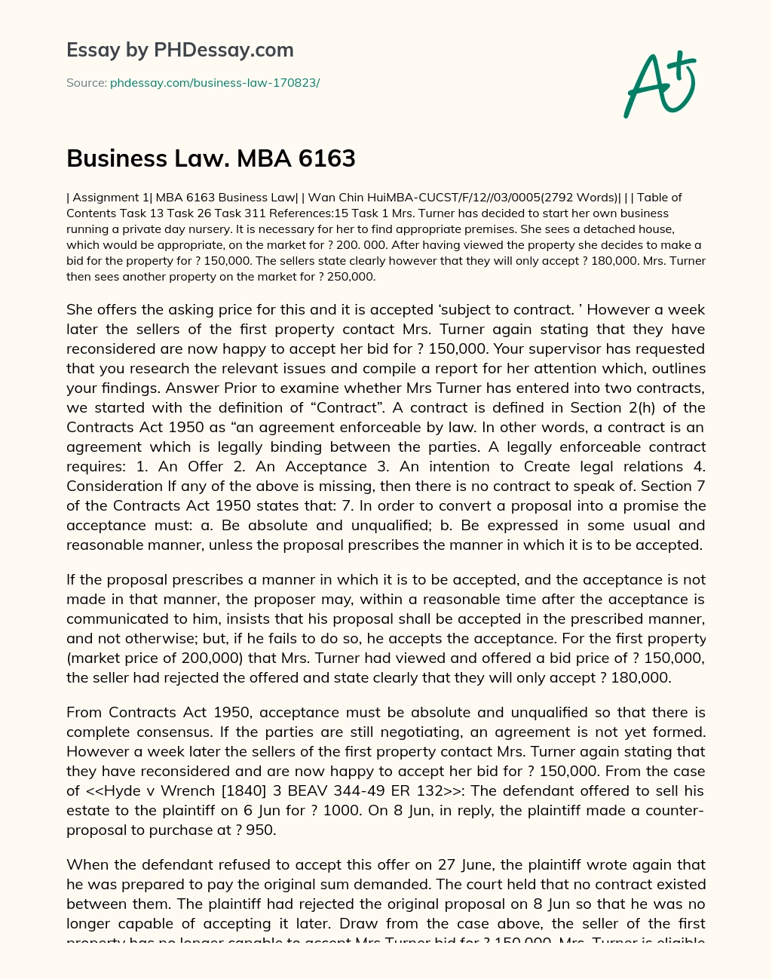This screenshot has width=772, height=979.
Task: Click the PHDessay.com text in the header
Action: click(224, 51)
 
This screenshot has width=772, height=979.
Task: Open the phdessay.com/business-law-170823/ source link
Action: click(215, 83)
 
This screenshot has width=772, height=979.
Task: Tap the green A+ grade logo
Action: click(660, 84)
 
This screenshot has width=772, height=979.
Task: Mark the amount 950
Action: click(261, 830)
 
